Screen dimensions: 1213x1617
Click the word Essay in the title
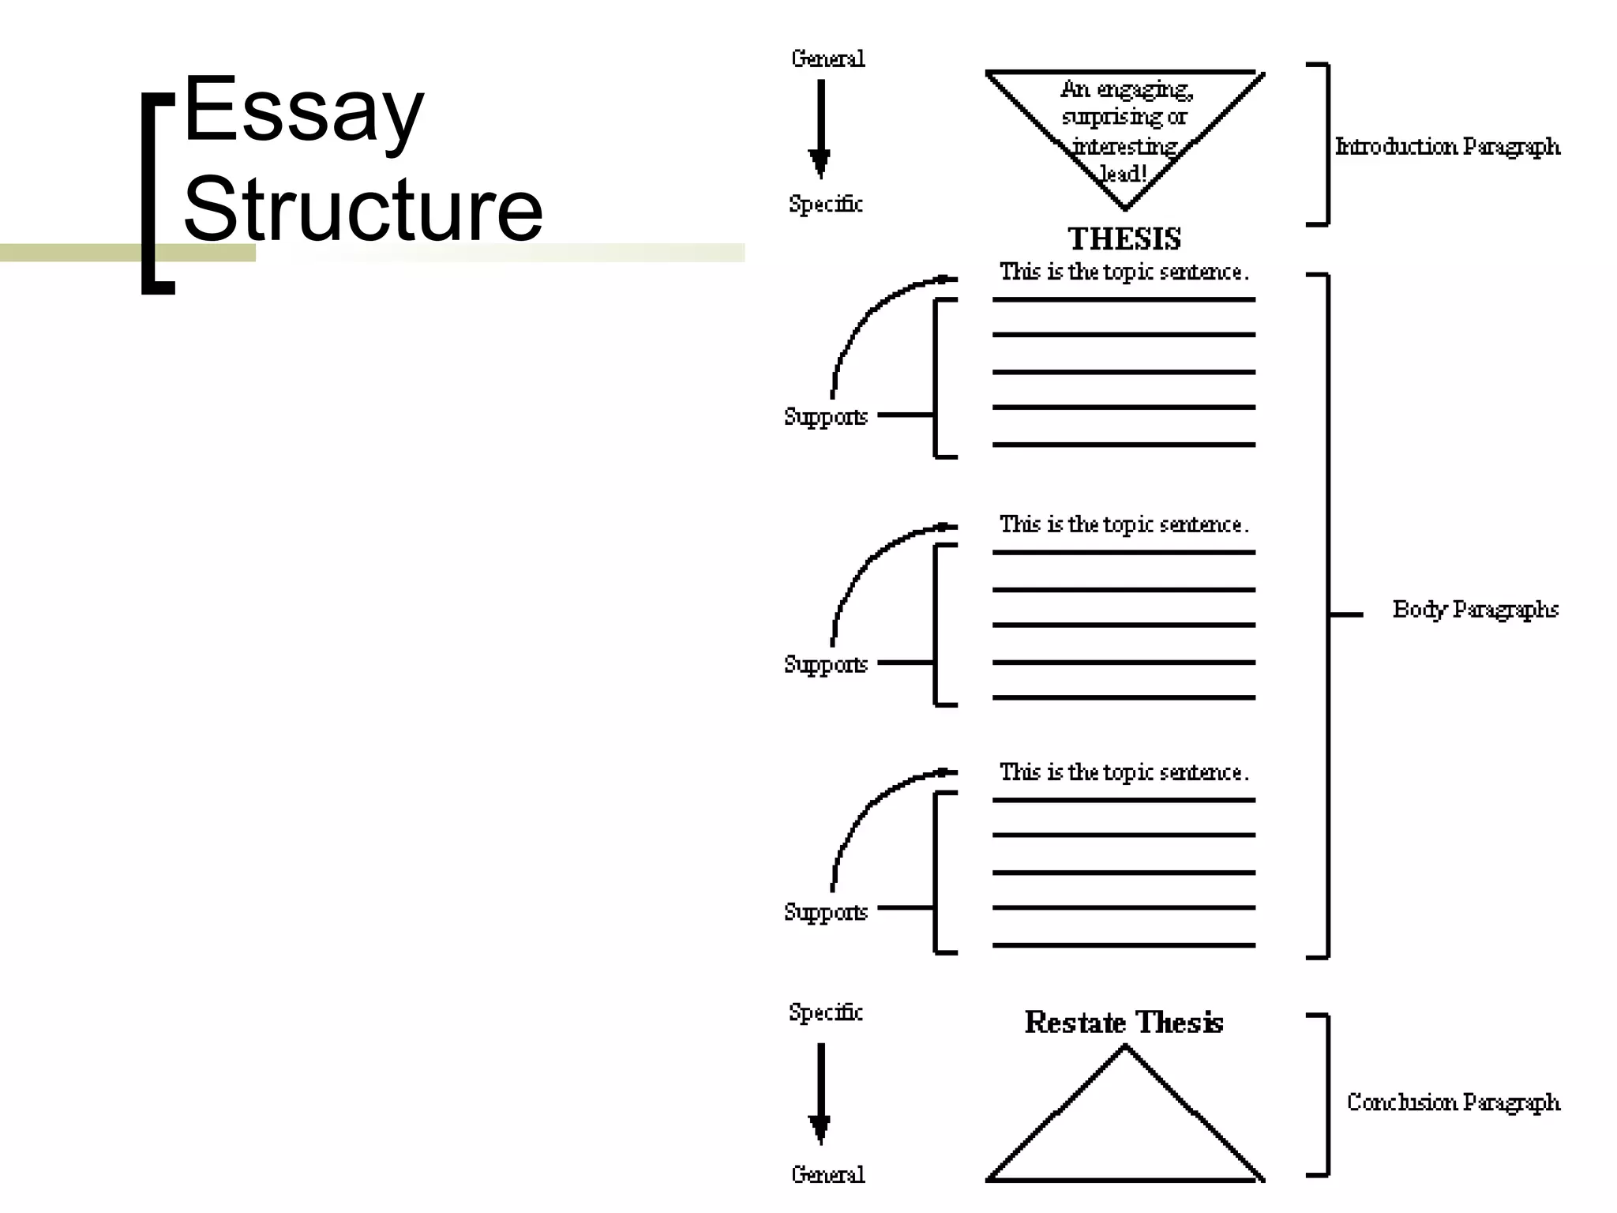[304, 111]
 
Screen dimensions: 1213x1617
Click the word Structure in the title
[363, 209]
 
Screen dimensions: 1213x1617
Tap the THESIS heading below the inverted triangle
[1124, 238]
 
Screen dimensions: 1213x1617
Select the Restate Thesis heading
[1124, 1023]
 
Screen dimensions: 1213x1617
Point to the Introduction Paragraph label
[1447, 147]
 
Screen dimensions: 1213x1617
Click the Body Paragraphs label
[1475, 610]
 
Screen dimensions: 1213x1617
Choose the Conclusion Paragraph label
[1454, 1102]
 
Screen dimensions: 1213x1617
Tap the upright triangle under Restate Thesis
[1124, 1129]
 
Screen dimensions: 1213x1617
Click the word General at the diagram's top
[827, 59]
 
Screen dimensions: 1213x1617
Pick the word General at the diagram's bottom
[827, 1174]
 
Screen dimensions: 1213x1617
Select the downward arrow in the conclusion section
[820, 1094]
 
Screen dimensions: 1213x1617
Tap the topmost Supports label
[825, 416]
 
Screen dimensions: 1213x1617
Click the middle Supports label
[825, 664]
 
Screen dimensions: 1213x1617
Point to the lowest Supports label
[825, 912]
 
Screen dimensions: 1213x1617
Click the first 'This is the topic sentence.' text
[1124, 272]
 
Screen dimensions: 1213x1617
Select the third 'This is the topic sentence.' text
[1124, 772]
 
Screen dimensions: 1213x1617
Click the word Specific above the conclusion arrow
[825, 1012]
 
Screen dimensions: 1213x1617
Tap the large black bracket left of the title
[156, 193]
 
